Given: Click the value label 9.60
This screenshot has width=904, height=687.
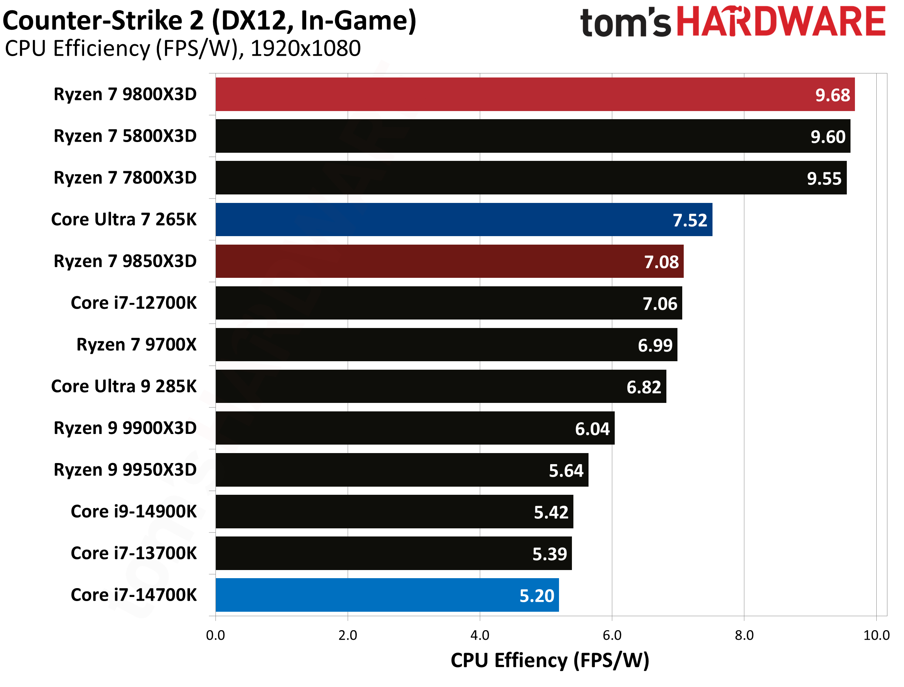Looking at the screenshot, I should [x=828, y=137].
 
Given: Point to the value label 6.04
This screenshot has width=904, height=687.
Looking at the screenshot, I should [x=593, y=429].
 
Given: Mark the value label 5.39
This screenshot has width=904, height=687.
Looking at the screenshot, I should [x=549, y=554].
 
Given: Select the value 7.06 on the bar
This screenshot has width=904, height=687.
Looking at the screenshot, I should [x=660, y=304].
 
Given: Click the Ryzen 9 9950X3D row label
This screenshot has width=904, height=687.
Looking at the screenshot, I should [x=125, y=470].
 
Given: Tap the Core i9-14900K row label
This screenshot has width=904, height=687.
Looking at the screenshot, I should [x=134, y=512].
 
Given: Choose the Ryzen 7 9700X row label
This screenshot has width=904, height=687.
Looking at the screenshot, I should [x=137, y=345].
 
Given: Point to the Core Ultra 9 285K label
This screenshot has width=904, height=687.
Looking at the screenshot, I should [x=124, y=386].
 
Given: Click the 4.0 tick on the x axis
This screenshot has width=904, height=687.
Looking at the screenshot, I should [x=480, y=635].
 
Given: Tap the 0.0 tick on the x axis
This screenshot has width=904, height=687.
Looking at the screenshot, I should [x=215, y=635].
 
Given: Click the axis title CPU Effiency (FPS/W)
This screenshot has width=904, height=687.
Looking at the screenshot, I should [x=550, y=660].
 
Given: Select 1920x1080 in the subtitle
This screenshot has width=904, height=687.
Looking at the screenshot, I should [x=306, y=49].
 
